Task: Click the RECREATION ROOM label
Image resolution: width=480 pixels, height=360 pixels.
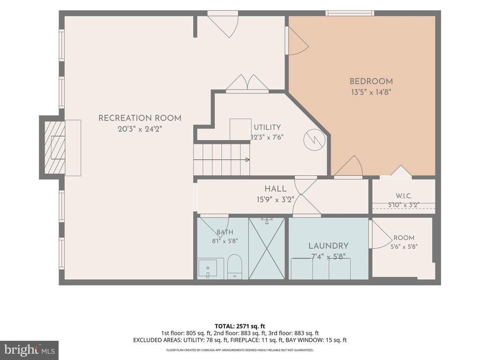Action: point(140,118)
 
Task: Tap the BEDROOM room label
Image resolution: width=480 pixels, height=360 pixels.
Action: point(371,82)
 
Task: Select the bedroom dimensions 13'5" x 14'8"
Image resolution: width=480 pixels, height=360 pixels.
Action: point(371,92)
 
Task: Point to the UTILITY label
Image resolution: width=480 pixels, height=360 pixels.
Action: point(267,127)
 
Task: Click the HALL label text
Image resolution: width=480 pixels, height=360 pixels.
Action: point(276,189)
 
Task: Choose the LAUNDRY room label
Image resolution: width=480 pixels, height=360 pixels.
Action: point(329,246)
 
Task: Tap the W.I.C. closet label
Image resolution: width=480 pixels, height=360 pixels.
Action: point(404,196)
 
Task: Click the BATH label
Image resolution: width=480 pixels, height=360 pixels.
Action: point(225,232)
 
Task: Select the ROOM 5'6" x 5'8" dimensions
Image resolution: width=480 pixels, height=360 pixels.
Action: point(404,247)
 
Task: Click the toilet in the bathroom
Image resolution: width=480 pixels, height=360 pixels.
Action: point(235,266)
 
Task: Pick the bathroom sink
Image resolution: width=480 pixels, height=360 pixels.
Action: point(208,269)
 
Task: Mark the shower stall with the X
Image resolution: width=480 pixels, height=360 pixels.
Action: point(267,248)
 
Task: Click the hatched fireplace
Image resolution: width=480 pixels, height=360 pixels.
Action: point(55,147)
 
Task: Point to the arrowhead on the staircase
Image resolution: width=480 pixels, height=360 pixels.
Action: point(247,160)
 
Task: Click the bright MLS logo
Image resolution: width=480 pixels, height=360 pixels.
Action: point(30,350)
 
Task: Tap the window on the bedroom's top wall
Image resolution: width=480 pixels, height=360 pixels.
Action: point(350,13)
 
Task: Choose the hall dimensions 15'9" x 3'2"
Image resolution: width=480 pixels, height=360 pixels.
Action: point(276,200)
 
